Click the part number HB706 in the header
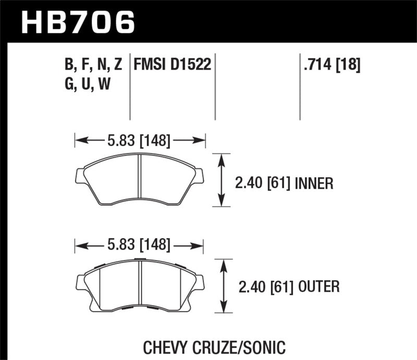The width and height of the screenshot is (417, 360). pos(78,21)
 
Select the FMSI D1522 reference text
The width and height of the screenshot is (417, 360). pos(172,65)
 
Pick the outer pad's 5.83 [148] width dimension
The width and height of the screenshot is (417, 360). pos(139,244)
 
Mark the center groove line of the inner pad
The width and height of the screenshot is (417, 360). pos(140,180)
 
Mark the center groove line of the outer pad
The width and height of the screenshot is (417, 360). pos(141,284)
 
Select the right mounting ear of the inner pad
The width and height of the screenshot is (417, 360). pos(200,176)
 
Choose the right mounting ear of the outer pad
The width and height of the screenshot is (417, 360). pos(200,282)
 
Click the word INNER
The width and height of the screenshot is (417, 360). pos(314,183)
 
